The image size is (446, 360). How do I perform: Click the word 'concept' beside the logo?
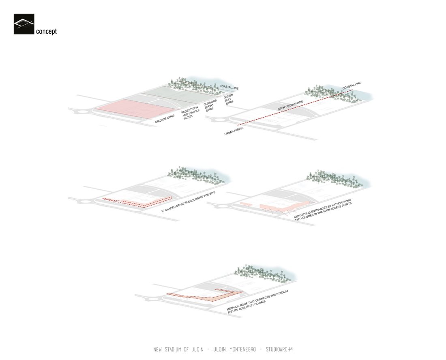[46, 32]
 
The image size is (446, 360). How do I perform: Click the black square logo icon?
[24, 24]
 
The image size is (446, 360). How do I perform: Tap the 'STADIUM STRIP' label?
[165, 118]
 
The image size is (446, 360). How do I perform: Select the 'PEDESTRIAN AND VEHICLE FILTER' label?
[190, 113]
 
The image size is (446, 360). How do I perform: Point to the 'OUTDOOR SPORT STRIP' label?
[211, 105]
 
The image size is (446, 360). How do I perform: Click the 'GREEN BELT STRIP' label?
[229, 99]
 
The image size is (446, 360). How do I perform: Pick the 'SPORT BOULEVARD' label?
[290, 105]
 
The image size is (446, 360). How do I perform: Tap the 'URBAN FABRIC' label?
[234, 131]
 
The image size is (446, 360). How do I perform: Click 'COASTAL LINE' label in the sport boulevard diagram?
[352, 85]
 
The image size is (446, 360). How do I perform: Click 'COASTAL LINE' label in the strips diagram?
[229, 87]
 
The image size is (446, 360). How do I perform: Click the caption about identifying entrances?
[323, 210]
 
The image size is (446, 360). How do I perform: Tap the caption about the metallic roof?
[258, 302]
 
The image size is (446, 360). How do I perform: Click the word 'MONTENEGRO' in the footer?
[242, 349]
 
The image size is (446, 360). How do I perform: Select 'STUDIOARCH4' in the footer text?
[279, 349]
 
